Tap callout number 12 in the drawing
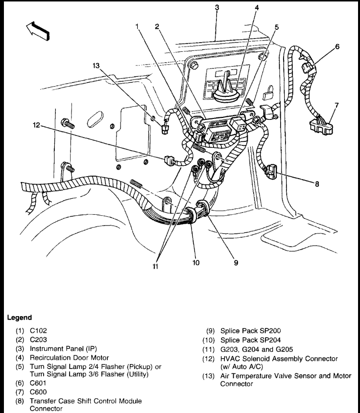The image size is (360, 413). (37, 126)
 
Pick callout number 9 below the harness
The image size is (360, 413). (236, 262)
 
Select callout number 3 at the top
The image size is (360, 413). (216, 8)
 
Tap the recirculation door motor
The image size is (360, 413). (228, 89)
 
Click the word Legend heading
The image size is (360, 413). (20, 318)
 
